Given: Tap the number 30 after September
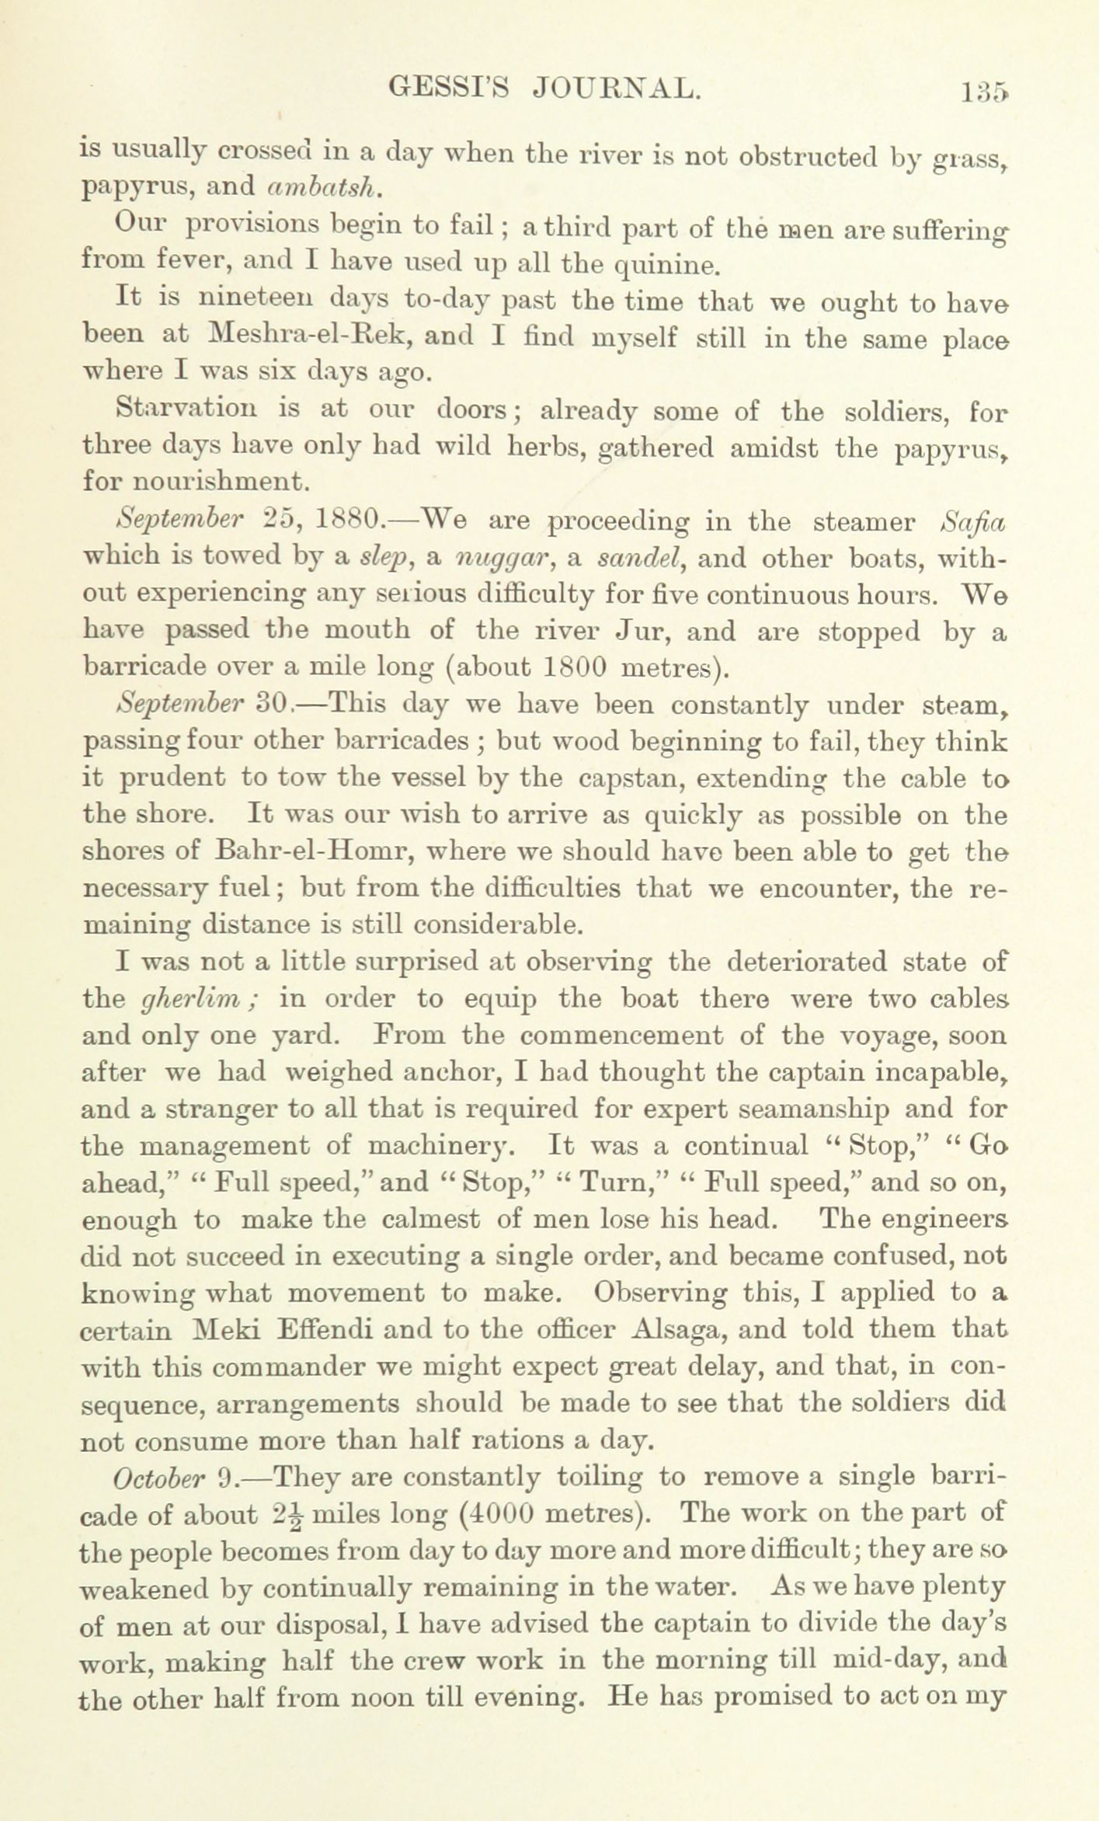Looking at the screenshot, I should pos(273,705).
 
